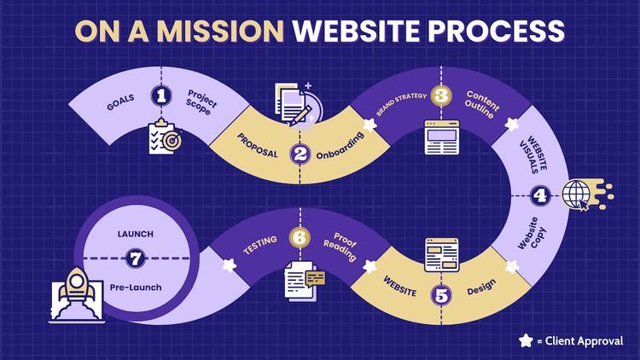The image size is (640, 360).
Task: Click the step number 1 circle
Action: pos(160,96)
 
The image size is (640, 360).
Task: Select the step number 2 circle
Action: pos(300,154)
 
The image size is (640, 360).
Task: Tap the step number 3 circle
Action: pos(440,96)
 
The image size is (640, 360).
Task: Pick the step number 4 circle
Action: pos(539,195)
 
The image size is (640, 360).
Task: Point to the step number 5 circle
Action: pos(440,296)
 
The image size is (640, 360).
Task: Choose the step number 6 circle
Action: pos(300,237)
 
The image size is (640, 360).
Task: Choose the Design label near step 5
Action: pos(480,292)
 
